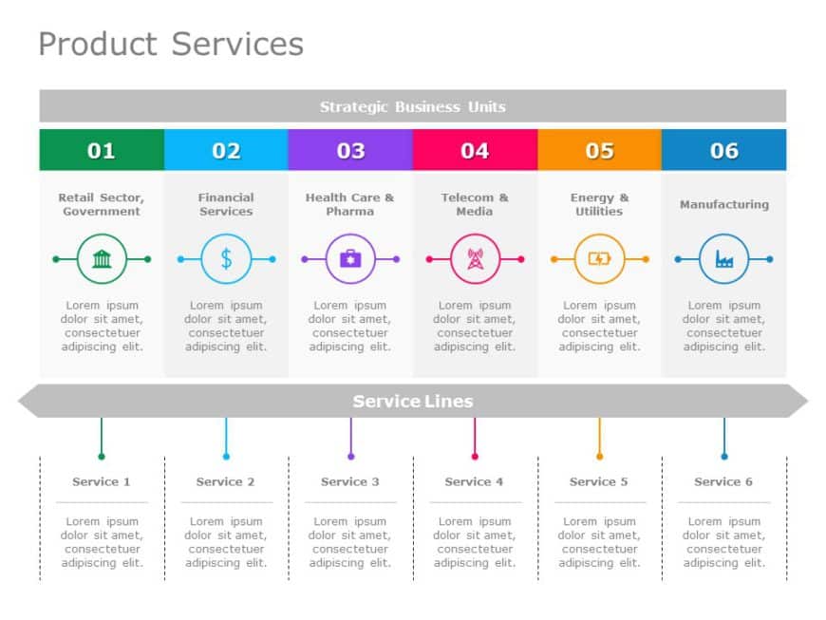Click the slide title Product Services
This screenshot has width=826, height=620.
[171, 44]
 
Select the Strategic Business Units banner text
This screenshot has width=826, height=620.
[412, 106]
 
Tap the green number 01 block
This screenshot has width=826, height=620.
[102, 150]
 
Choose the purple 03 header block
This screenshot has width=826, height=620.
[350, 150]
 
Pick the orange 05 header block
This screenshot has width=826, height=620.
[599, 150]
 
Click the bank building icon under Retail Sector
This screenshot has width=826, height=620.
[102, 258]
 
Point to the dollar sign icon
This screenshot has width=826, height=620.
[226, 258]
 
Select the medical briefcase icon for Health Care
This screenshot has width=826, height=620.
[350, 258]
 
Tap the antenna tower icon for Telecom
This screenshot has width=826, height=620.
[475, 258]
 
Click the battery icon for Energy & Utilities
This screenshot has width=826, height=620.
[599, 258]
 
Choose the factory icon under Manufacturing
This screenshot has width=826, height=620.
[723, 258]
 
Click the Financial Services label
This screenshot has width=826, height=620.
[226, 204]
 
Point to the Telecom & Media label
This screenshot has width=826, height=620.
[475, 204]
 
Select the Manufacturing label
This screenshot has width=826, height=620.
[723, 204]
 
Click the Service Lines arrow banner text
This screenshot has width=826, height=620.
[412, 401]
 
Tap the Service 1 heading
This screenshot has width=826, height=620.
[102, 481]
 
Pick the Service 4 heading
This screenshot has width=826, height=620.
[475, 481]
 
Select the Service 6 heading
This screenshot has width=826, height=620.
[723, 481]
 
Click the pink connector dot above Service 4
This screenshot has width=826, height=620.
[475, 457]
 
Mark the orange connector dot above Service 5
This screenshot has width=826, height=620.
[599, 457]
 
